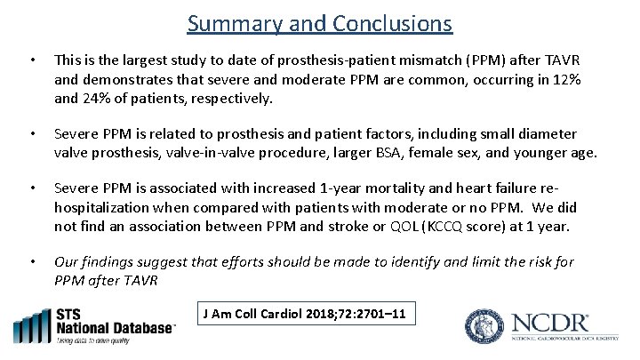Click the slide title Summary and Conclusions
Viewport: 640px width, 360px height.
coord(320,23)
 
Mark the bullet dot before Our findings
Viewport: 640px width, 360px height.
coord(31,261)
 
